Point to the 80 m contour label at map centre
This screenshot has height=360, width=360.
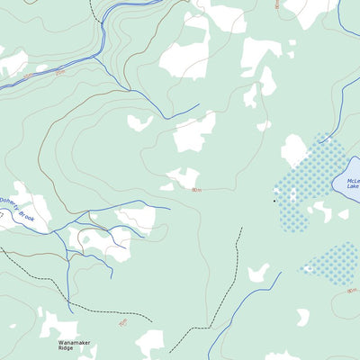pyautogui.click(x=196, y=190)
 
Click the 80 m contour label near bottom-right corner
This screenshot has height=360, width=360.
pyautogui.click(x=350, y=290)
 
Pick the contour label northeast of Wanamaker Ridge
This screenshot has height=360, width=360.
pyautogui.click(x=122, y=322)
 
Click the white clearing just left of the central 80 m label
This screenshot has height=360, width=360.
pyautogui.click(x=184, y=177)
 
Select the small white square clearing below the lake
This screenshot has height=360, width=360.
pyautogui.click(x=343, y=214)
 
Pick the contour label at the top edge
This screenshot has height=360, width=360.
pyautogui.click(x=277, y=4)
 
